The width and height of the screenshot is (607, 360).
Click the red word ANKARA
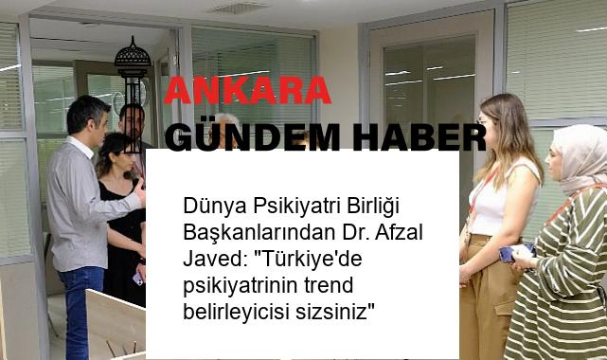pos(248,91)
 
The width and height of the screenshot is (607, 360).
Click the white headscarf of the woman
pos(579,152)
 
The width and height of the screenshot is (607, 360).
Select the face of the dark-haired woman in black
pos(116,156)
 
